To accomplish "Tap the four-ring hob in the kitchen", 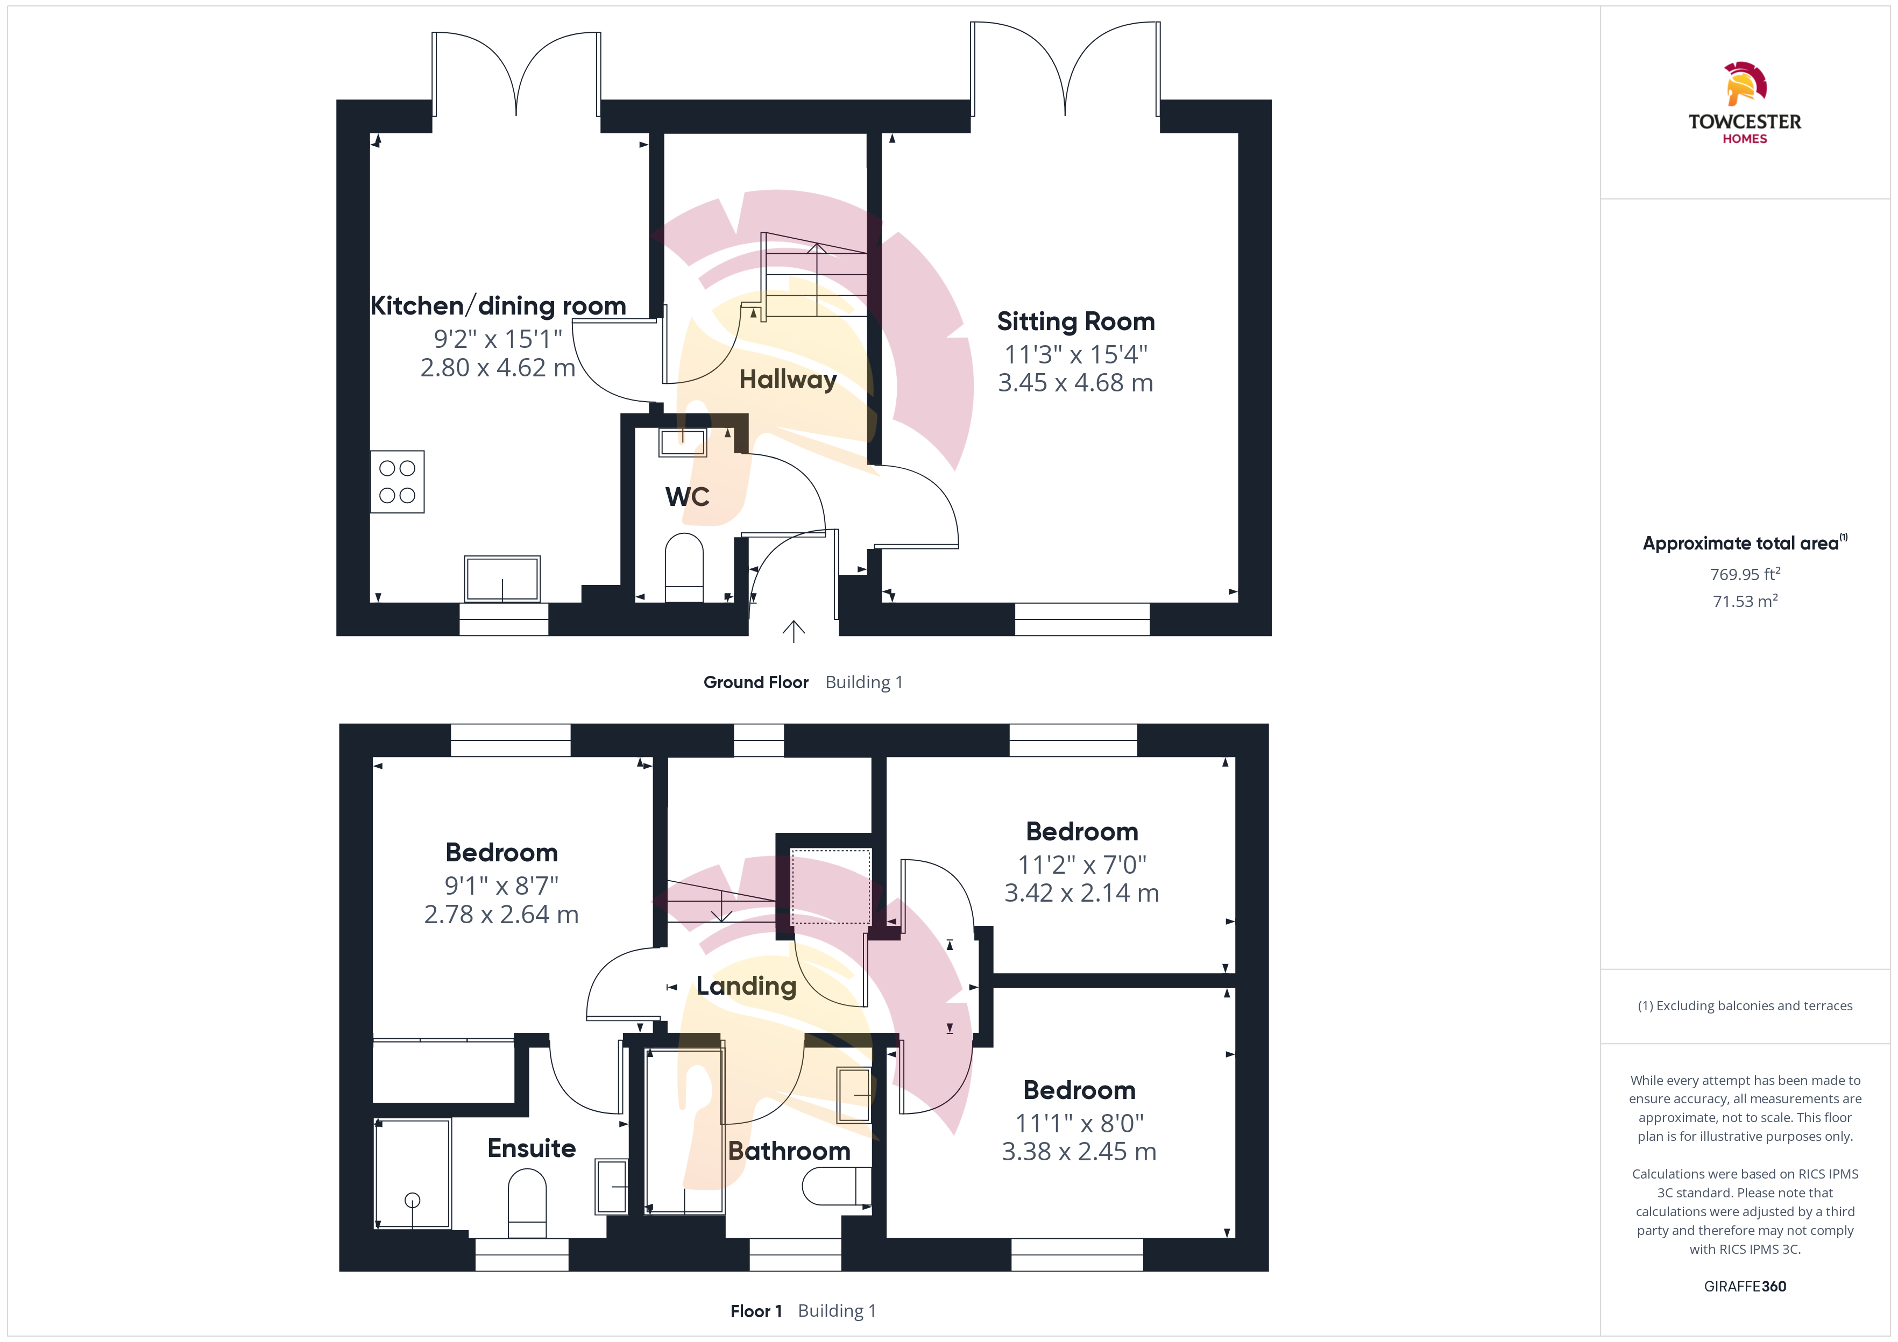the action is tap(398, 482).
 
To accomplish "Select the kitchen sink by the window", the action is tap(502, 579).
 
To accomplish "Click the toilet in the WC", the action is tap(684, 568).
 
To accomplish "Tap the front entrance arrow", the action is tap(794, 631).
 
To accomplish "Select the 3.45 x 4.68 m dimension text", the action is tap(1075, 383).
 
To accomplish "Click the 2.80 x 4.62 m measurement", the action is tap(498, 368).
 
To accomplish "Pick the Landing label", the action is tap(747, 986).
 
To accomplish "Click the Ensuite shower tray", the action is tap(413, 1173).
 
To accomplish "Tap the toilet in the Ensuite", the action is tap(527, 1203).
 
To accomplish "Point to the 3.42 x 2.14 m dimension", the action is tap(1081, 893).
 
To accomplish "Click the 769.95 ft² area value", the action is tap(1745, 574).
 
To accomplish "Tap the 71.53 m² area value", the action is tap(1745, 601).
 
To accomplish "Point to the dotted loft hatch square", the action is tap(831, 886).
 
